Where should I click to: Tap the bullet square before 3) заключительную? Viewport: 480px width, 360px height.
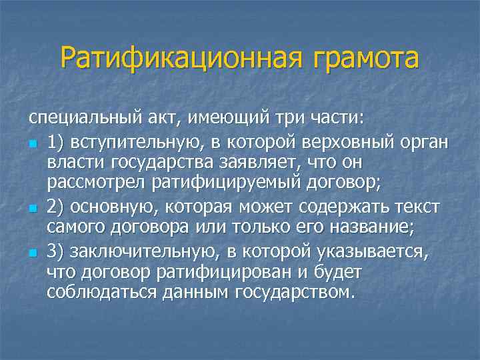pos(33,254)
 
